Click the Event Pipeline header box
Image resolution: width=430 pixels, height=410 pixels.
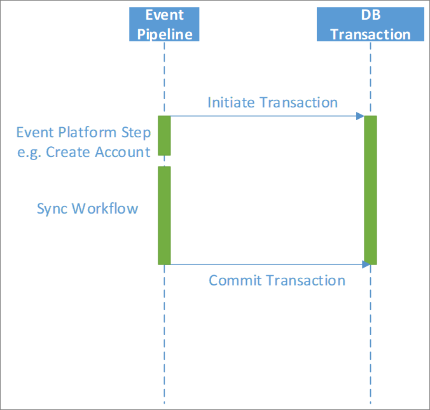coord(164,24)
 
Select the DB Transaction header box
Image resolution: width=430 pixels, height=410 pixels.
coord(370,24)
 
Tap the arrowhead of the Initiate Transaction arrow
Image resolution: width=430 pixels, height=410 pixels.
coord(360,116)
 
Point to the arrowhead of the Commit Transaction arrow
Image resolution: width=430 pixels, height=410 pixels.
coord(366,264)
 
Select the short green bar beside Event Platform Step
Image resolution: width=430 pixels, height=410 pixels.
coord(164,135)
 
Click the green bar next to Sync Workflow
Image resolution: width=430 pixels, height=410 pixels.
coord(164,215)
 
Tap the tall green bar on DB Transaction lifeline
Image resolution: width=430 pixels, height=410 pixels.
coord(370,190)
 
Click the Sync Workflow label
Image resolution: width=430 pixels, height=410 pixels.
coord(87,208)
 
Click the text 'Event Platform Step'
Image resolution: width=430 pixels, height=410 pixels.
coord(83,133)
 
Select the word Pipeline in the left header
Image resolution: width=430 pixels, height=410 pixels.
coord(165,34)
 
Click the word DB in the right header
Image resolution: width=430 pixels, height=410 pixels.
coord(370,15)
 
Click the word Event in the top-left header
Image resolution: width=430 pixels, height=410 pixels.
coord(164,15)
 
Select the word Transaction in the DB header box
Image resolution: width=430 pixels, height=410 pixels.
coord(370,34)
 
